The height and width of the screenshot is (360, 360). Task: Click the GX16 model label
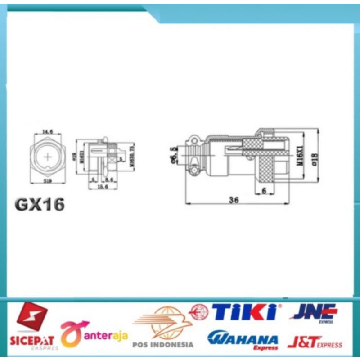[x=40, y=204]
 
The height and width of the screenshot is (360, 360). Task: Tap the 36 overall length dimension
[x=233, y=200]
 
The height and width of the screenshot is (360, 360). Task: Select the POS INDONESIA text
[x=163, y=345]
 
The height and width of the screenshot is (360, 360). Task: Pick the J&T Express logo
[x=314, y=343]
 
